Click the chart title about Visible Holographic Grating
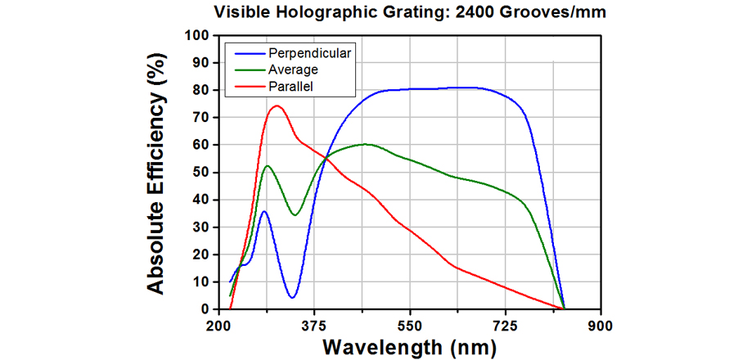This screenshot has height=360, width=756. tap(410, 13)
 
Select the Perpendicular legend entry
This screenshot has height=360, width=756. tap(308, 53)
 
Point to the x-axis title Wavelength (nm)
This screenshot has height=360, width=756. tap(409, 346)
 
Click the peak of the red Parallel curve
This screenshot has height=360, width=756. tap(277, 106)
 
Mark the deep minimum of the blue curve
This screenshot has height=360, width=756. tap(292, 297)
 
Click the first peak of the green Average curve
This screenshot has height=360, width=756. tap(268, 166)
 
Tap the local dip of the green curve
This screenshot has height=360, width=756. tap(295, 215)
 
